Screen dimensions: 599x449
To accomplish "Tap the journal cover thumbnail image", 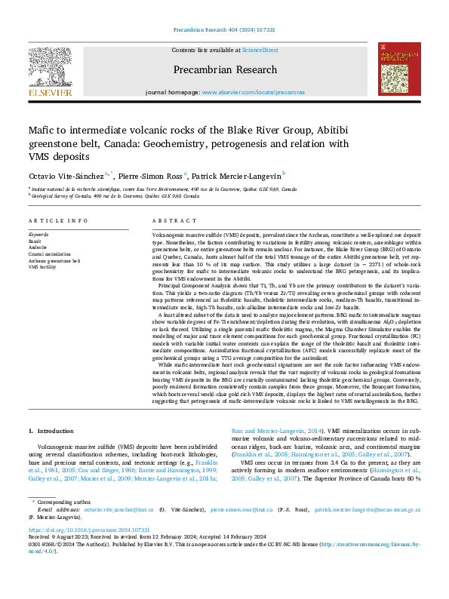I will (399, 69).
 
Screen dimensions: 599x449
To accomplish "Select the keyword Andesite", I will (38, 246).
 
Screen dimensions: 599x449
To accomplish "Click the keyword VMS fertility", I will (42, 267).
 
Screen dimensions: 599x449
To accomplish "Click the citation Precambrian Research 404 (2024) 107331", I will (224, 30).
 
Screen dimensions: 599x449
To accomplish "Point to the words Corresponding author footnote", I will (60, 500).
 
